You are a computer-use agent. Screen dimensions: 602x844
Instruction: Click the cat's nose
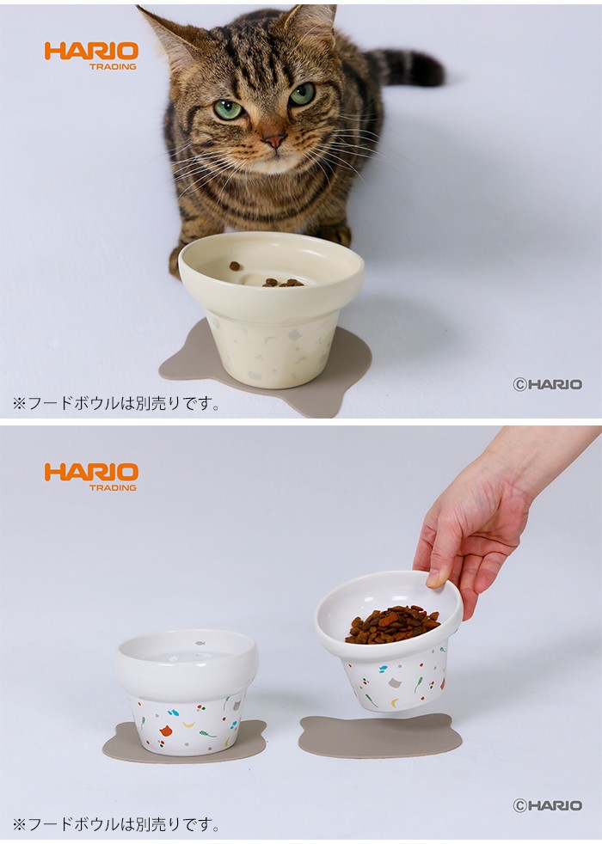(274, 141)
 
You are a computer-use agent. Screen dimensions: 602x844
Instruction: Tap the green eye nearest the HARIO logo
(227, 109)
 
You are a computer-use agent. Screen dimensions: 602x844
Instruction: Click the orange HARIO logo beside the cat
(91, 56)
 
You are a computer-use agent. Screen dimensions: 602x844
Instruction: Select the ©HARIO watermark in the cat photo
(548, 384)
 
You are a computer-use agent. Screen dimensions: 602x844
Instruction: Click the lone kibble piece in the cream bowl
(234, 266)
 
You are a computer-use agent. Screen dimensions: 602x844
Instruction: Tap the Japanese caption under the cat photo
(116, 403)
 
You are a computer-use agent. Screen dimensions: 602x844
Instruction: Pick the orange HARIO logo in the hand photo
(91, 476)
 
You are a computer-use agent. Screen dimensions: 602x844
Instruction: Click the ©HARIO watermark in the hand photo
(548, 805)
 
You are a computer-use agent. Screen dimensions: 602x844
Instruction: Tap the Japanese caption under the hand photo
(116, 824)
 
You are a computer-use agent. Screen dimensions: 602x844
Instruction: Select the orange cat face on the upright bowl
(166, 731)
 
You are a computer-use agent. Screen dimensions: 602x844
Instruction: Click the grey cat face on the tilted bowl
(396, 683)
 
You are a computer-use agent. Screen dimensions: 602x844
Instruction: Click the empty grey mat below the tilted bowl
(379, 737)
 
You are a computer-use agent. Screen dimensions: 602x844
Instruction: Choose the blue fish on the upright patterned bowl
(174, 713)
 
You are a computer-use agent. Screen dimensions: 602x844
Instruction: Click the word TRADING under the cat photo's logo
(113, 67)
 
